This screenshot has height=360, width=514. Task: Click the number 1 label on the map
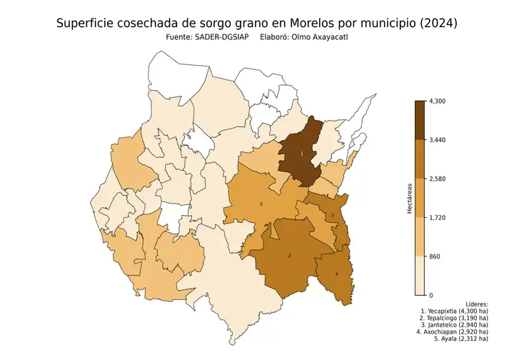coord(301,154)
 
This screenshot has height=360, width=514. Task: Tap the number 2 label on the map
coord(289,256)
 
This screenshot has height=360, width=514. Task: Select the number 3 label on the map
coord(332,216)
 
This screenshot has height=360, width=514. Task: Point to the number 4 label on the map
coord(336,274)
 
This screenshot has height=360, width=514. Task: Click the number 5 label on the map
coord(261,204)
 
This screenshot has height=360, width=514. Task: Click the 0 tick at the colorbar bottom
coord(430,294)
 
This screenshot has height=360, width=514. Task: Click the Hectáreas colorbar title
coord(409,198)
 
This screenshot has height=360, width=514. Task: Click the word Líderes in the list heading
coord(475,304)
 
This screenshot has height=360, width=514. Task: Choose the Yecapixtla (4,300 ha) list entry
coord(455,311)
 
